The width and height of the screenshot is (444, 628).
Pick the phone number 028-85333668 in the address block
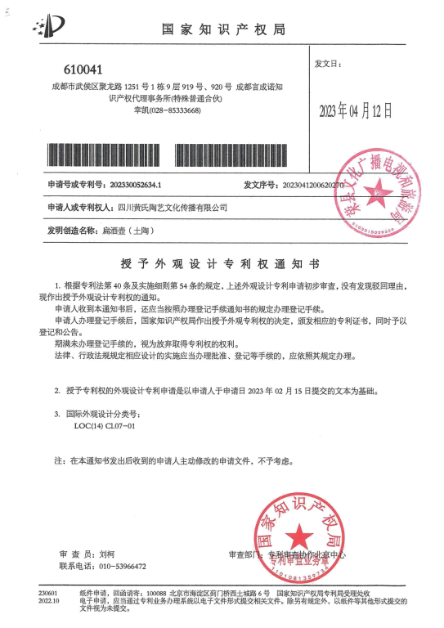[x=173, y=110]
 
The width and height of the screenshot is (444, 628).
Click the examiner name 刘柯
[x=107, y=554]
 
